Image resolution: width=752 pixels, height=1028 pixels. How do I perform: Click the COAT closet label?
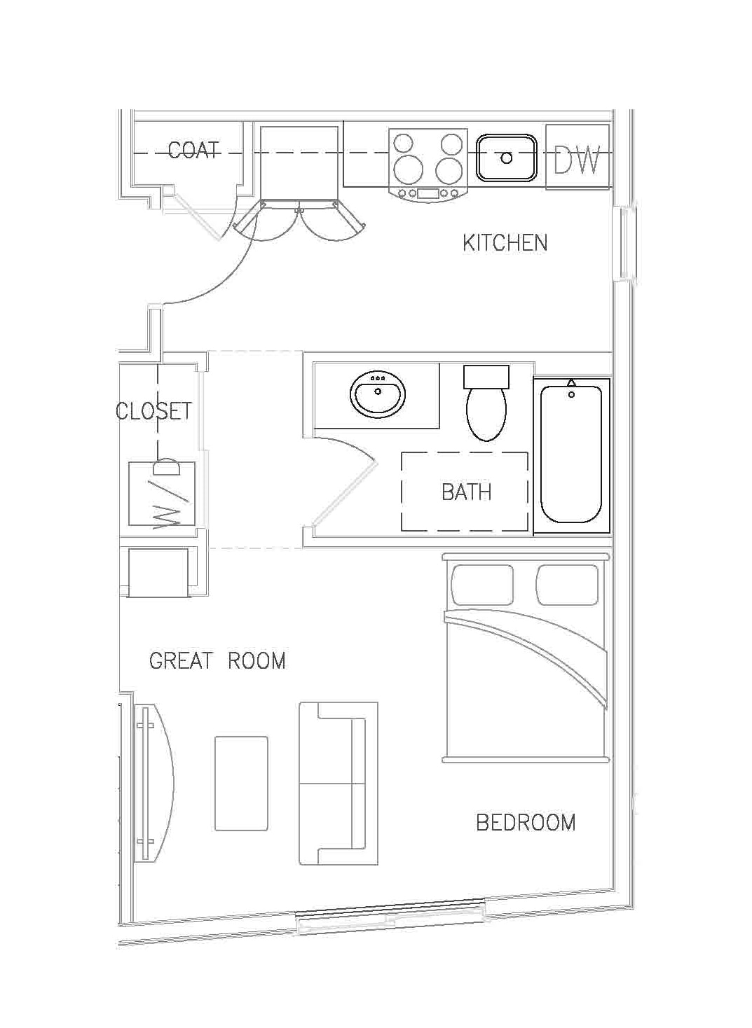[x=194, y=150]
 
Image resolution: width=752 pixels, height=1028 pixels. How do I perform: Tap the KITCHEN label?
[x=505, y=243]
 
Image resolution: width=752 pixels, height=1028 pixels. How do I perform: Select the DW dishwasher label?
[x=577, y=160]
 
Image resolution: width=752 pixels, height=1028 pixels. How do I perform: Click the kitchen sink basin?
[x=507, y=158]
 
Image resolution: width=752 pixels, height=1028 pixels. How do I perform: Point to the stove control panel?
[x=428, y=193]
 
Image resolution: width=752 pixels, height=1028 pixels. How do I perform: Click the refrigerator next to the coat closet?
[x=301, y=162]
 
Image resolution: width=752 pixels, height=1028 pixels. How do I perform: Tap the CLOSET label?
[x=153, y=410]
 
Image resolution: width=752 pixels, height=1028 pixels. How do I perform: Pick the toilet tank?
[x=486, y=377]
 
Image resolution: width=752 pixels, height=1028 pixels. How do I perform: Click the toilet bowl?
[x=486, y=415]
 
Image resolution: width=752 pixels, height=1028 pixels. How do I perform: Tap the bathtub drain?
[x=571, y=395]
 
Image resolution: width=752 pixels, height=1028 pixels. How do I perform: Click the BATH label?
[x=466, y=492]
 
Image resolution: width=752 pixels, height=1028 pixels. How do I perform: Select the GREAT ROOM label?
[x=217, y=660]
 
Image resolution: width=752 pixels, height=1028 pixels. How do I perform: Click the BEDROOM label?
[x=526, y=822]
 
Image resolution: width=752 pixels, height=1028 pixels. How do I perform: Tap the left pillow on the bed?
[x=483, y=585]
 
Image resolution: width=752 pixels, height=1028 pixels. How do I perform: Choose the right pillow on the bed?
[x=568, y=585]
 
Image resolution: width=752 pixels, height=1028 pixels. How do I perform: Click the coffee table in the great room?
[x=241, y=783]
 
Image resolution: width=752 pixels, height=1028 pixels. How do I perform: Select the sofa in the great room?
[x=338, y=783]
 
